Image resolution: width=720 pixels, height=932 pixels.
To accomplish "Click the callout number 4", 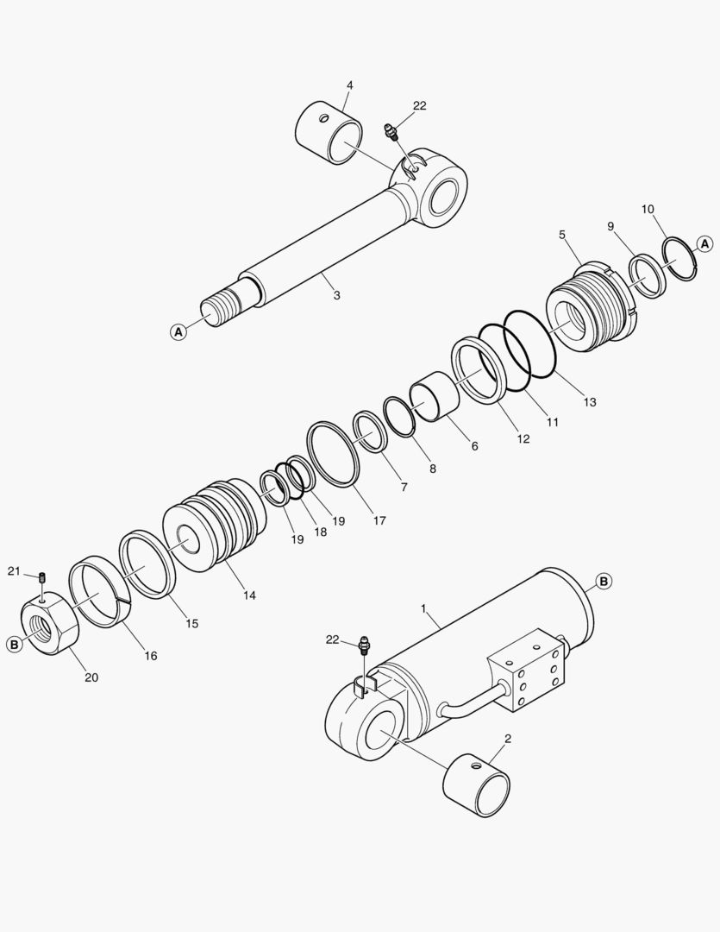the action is click(350, 85).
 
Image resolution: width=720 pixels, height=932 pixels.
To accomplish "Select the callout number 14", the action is click(249, 595).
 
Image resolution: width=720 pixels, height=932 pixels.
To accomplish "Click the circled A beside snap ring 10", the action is click(704, 243).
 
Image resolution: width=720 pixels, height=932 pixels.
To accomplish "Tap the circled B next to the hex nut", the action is click(15, 644).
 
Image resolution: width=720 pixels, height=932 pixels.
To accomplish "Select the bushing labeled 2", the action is click(477, 784).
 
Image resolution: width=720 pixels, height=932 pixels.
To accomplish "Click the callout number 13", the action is click(589, 402).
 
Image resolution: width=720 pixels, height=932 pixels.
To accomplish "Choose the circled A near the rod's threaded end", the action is click(178, 331).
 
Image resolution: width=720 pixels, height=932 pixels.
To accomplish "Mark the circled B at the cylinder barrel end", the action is click(604, 582).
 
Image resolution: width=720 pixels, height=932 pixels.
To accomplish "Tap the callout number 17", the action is click(379, 520).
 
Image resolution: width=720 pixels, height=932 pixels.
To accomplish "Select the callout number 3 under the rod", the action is click(337, 295).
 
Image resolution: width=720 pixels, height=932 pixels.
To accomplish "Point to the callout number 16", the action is click(151, 656).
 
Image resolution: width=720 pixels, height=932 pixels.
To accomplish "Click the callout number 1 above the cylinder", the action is click(423, 608).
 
